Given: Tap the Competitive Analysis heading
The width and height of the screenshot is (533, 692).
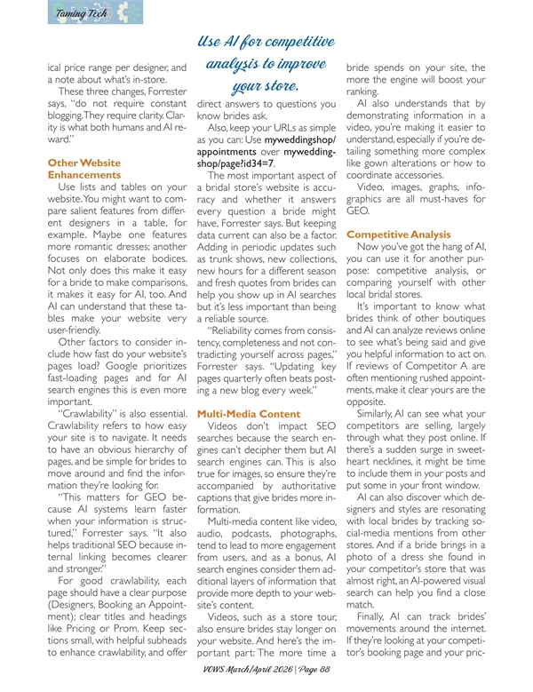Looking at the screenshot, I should click(x=394, y=235).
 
